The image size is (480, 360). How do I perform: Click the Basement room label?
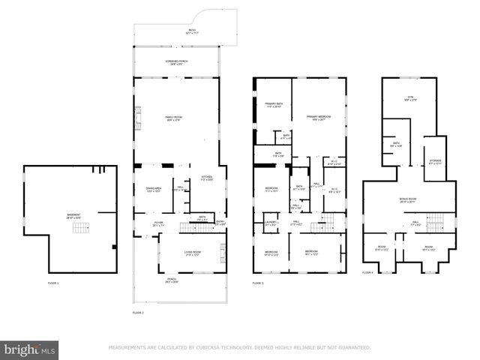(73, 216)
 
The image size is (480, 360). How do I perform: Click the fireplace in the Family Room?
(137, 118)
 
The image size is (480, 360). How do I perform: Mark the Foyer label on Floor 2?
(159, 223)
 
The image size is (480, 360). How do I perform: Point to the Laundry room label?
(271, 223)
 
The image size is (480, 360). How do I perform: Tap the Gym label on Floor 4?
(411, 97)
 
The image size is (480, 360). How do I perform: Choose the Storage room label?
(435, 161)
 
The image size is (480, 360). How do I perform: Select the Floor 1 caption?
(53, 283)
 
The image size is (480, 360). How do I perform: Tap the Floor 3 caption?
(259, 283)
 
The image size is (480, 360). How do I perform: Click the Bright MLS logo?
(30, 349)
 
